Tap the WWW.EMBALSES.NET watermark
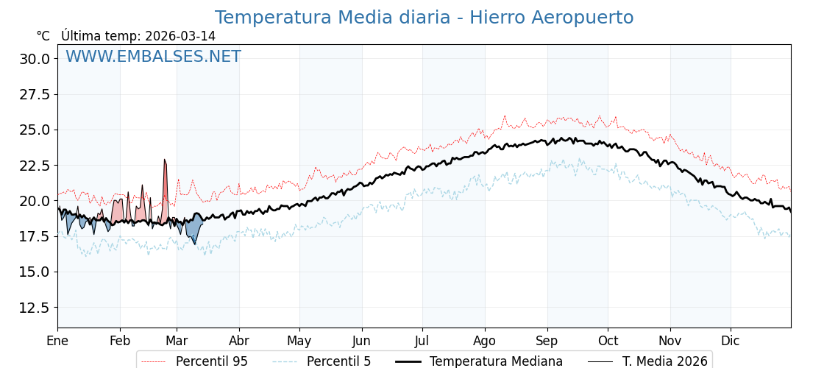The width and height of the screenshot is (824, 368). coord(153,57)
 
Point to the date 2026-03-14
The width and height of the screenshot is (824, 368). coord(180,36)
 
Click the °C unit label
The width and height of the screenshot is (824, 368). coord(43,36)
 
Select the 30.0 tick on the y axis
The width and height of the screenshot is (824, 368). coord(35,59)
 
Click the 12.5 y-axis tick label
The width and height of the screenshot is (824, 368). coord(35,307)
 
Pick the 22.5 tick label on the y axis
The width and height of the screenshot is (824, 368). coord(35,166)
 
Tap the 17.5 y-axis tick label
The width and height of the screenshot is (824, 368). coord(35,236)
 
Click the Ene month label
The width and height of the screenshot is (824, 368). coord(57,341)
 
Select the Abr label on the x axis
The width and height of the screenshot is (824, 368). coord(239,341)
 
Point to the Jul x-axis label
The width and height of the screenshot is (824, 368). coord(422,341)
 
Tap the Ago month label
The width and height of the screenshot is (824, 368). coord(485,341)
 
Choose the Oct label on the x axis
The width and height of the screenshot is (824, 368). coord(608,341)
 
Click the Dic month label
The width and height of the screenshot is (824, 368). coord(731,341)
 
